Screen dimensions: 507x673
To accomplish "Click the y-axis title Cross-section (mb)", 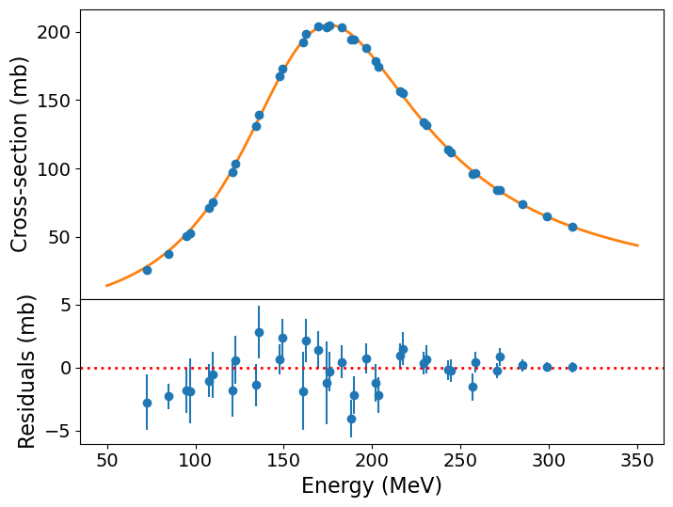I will [20, 154].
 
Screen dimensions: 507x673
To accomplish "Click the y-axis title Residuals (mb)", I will [26, 371].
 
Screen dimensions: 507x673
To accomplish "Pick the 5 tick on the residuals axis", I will [67, 305].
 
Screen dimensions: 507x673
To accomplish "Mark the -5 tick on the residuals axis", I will [61, 431].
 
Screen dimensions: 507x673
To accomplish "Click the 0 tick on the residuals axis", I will [67, 368].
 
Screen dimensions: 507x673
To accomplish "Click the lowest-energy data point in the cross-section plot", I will [147, 270].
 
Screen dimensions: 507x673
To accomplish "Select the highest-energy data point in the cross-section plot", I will [572, 227].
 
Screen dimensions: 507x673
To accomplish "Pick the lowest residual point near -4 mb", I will [351, 419].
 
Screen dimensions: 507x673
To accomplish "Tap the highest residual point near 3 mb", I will [259, 332].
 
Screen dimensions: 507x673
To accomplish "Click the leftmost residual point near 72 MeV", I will [147, 403].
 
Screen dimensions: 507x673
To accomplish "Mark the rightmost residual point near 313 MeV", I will [572, 367].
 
